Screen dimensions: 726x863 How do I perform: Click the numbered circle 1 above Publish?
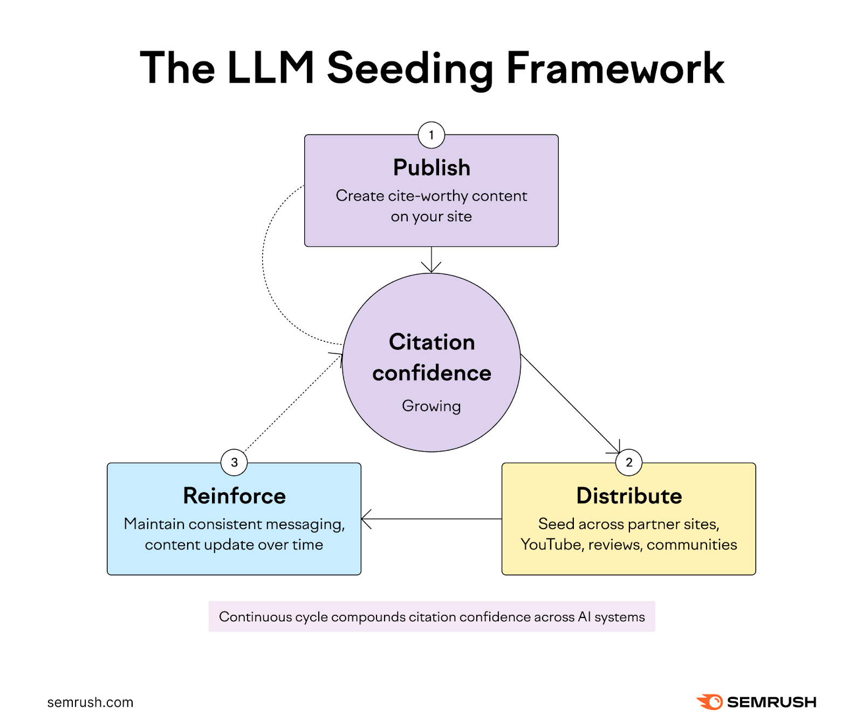[431, 135]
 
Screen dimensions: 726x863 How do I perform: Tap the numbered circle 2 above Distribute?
[628, 463]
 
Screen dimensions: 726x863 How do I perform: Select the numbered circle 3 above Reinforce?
[234, 463]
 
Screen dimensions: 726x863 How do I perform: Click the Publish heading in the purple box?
[432, 168]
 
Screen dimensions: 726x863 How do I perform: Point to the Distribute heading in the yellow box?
[629, 496]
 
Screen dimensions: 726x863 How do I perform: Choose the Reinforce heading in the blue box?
[234, 496]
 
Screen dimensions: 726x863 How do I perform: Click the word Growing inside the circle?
[431, 406]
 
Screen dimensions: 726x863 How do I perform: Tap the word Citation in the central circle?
[432, 342]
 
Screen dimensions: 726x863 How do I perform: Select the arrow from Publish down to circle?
[432, 260]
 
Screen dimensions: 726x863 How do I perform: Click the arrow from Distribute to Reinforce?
[432, 519]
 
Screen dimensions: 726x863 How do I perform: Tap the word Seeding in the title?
[410, 69]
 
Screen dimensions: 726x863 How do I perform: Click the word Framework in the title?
[615, 69]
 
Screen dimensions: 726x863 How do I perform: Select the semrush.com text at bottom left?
[90, 702]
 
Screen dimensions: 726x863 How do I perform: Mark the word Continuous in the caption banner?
[255, 617]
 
